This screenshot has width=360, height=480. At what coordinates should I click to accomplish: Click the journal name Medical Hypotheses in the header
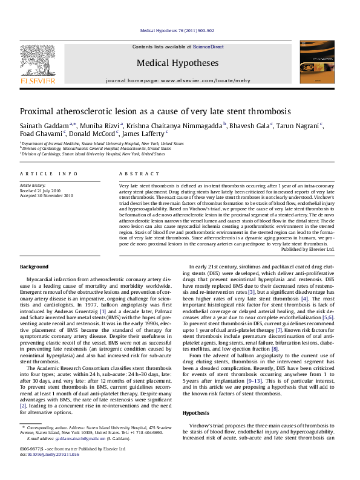[x=177, y=62]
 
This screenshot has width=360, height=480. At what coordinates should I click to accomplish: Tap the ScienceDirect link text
[x=208, y=46]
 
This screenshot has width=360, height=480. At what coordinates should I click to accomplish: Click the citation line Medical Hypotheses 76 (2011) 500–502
[x=177, y=30]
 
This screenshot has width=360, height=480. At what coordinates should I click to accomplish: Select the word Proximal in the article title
[x=38, y=112]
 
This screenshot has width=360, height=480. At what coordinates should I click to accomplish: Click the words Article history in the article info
[x=33, y=185]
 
